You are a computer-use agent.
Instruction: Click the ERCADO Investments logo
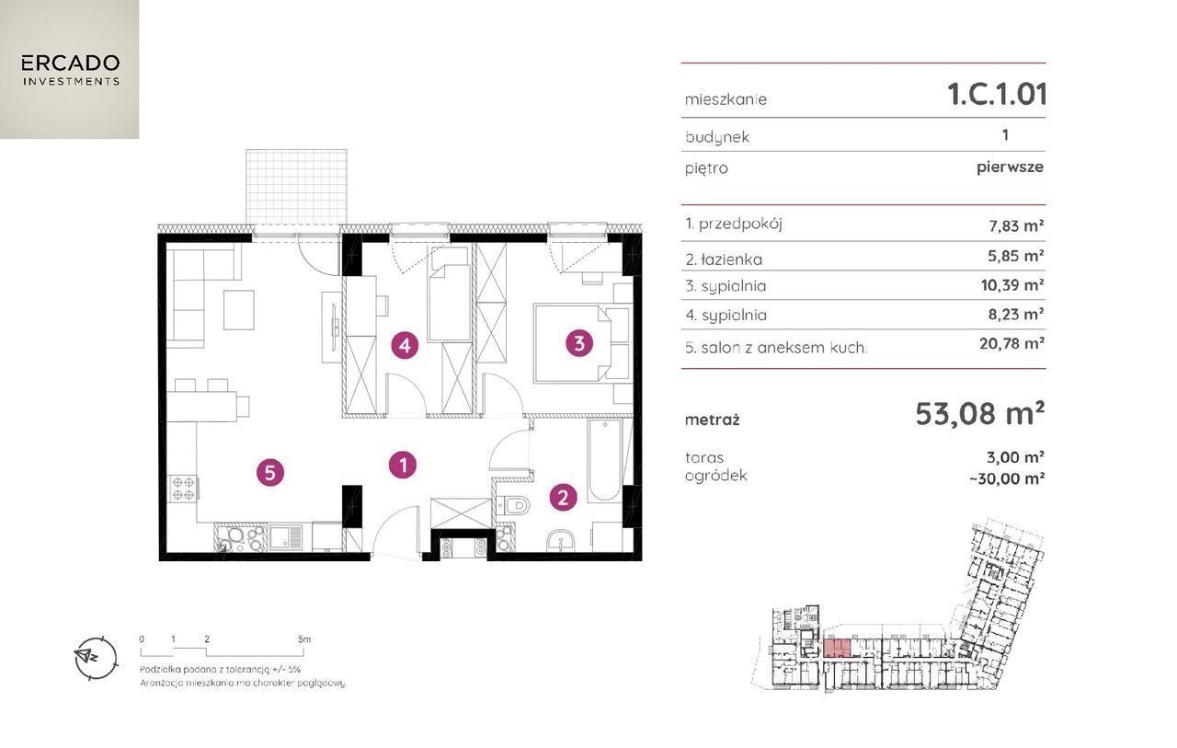(x=69, y=69)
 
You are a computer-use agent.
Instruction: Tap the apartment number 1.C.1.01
(x=997, y=95)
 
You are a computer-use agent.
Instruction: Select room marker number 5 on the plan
(x=270, y=473)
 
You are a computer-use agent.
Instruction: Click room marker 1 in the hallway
(x=403, y=466)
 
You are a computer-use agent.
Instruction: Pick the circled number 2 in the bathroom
(x=563, y=497)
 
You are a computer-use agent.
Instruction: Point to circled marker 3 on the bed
(x=579, y=344)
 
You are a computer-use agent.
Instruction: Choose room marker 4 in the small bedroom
(x=405, y=346)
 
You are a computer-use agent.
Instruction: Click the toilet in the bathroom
(x=513, y=506)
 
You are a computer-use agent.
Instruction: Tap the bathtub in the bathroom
(x=605, y=460)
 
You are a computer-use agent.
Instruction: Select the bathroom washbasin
(x=561, y=540)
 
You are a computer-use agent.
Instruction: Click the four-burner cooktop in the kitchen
(x=183, y=488)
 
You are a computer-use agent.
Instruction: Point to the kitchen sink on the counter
(x=285, y=537)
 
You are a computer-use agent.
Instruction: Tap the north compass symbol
(x=95, y=658)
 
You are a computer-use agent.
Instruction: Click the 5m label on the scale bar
(x=304, y=639)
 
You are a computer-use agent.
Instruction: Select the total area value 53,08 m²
(x=979, y=414)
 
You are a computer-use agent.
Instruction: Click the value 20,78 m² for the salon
(x=1011, y=344)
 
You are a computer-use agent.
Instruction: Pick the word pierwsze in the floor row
(x=1010, y=167)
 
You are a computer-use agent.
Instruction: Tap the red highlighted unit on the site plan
(x=837, y=648)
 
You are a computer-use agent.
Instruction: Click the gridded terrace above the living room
(x=296, y=187)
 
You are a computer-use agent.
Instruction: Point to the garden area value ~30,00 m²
(x=1007, y=478)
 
